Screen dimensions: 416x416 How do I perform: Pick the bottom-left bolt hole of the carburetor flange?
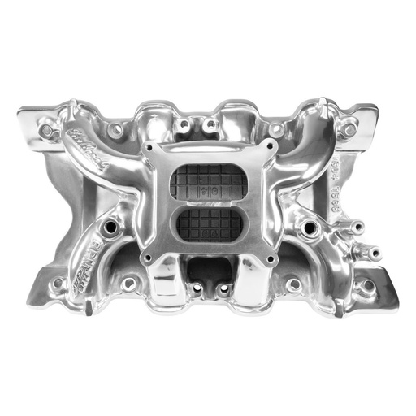click(149, 259)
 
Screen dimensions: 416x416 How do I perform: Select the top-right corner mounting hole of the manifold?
click(350, 128)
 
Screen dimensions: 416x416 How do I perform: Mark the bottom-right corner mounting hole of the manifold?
click(367, 284)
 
